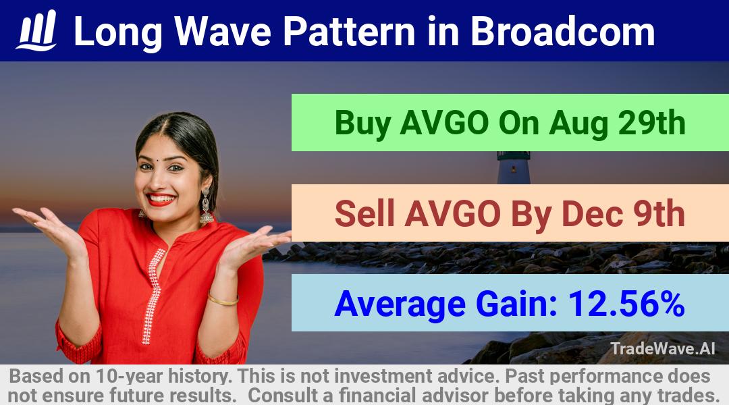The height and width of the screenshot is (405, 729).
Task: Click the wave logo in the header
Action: point(36,30)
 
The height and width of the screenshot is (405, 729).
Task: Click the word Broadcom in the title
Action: point(562,32)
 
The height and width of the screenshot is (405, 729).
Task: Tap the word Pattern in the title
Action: point(349,32)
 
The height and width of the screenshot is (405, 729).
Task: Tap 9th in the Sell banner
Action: point(659,213)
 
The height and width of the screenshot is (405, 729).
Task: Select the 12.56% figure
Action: point(626,304)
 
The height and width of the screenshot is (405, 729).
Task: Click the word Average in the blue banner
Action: point(400,304)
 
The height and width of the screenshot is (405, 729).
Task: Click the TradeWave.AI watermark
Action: point(663,348)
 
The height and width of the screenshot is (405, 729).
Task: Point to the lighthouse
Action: point(514,167)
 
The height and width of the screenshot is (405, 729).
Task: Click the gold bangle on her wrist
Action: point(223,299)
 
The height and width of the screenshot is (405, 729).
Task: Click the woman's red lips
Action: point(161,199)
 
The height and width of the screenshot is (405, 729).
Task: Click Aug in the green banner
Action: point(578,124)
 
